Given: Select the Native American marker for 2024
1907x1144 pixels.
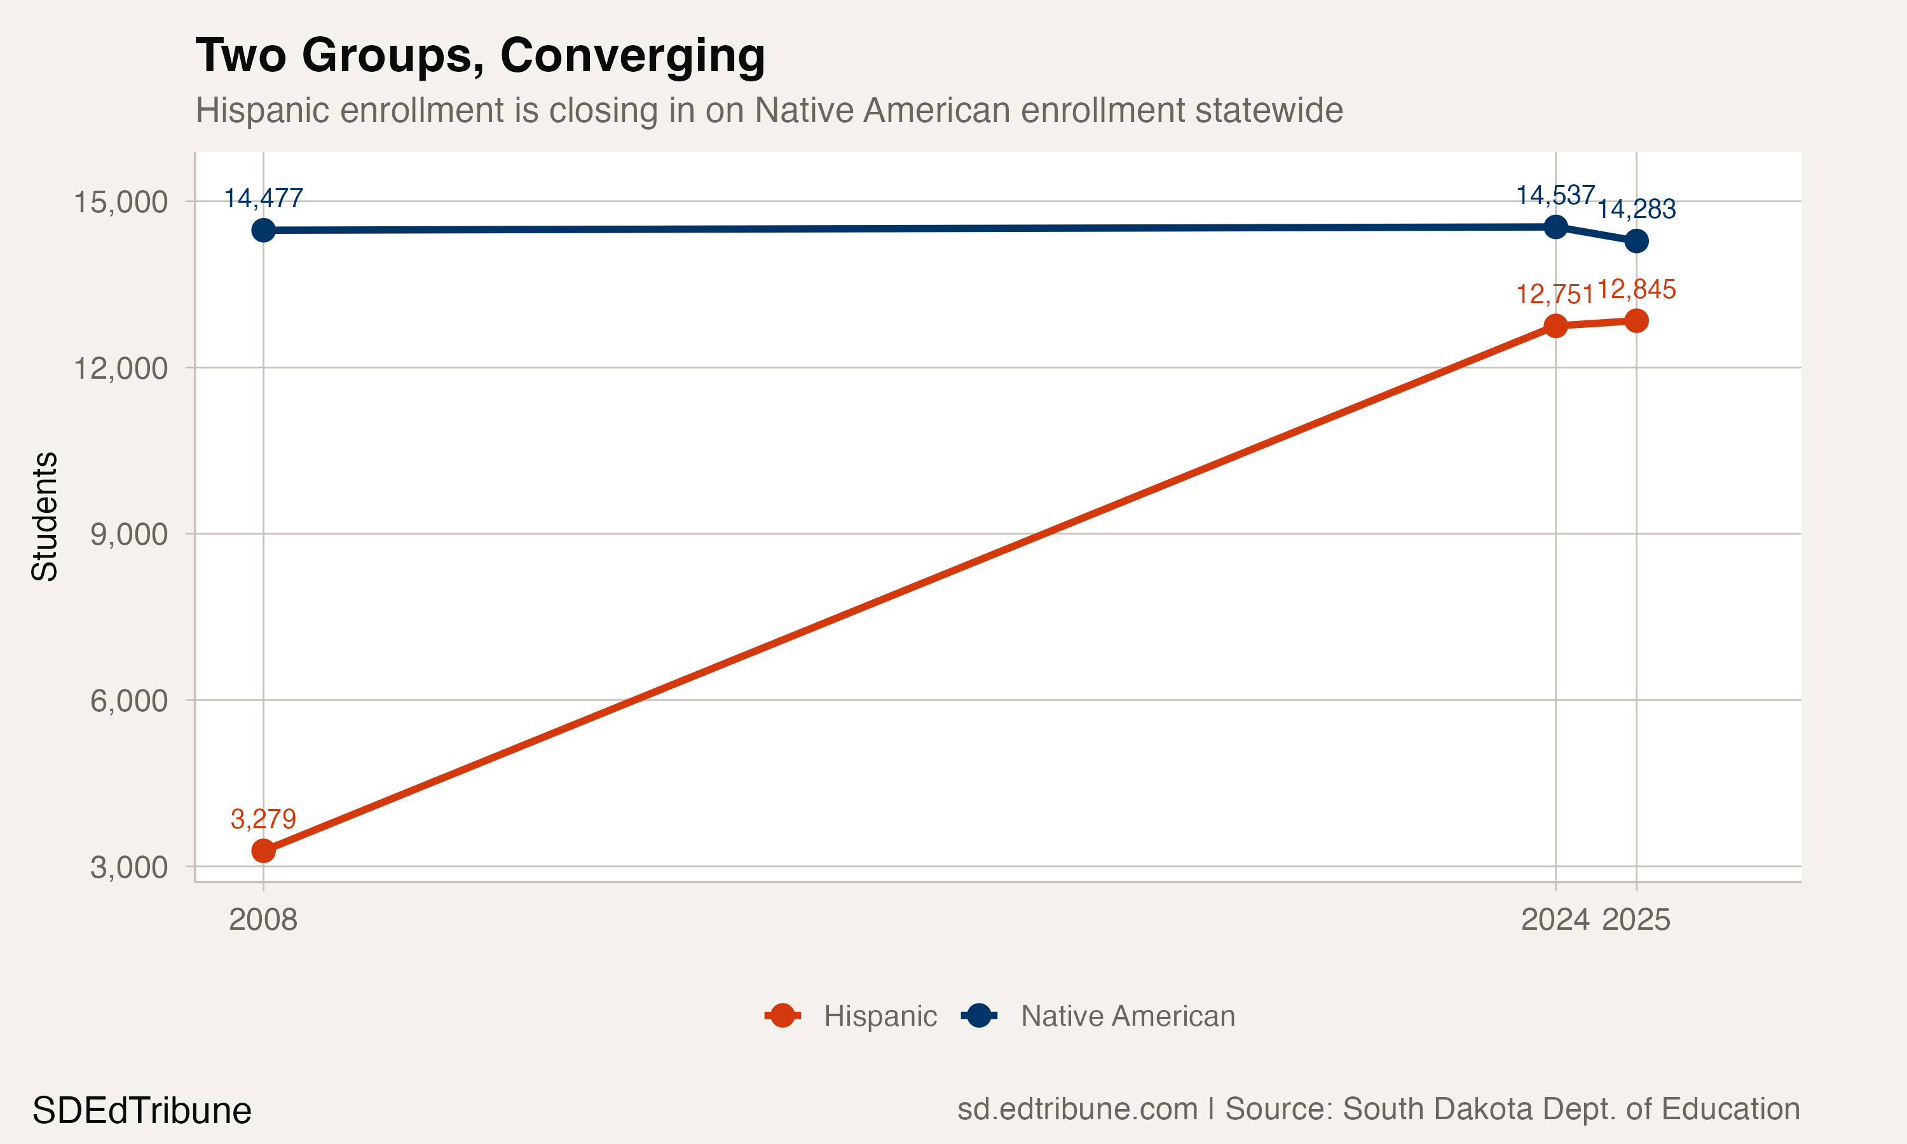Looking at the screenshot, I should (1555, 227).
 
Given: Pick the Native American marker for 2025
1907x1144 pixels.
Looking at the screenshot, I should (1636, 242).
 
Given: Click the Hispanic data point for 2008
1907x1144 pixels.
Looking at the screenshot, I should (264, 851).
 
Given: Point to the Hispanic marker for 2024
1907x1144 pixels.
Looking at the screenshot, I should (1555, 325).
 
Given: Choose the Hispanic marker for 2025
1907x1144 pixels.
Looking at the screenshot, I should (1636, 321).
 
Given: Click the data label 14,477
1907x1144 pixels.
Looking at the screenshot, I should (264, 199).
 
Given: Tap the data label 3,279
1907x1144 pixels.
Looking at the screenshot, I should (264, 819).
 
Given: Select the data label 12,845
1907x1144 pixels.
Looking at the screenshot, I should (1636, 290).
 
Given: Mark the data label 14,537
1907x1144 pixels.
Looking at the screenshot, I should (1555, 196).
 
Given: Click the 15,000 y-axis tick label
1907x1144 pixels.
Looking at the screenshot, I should (120, 202).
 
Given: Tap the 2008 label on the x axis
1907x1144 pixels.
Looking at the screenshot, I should (263, 920).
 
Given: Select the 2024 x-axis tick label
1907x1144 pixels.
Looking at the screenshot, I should (1555, 920).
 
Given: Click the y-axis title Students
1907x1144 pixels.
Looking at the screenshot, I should (44, 517).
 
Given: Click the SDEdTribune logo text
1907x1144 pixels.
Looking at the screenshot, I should (142, 1111).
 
